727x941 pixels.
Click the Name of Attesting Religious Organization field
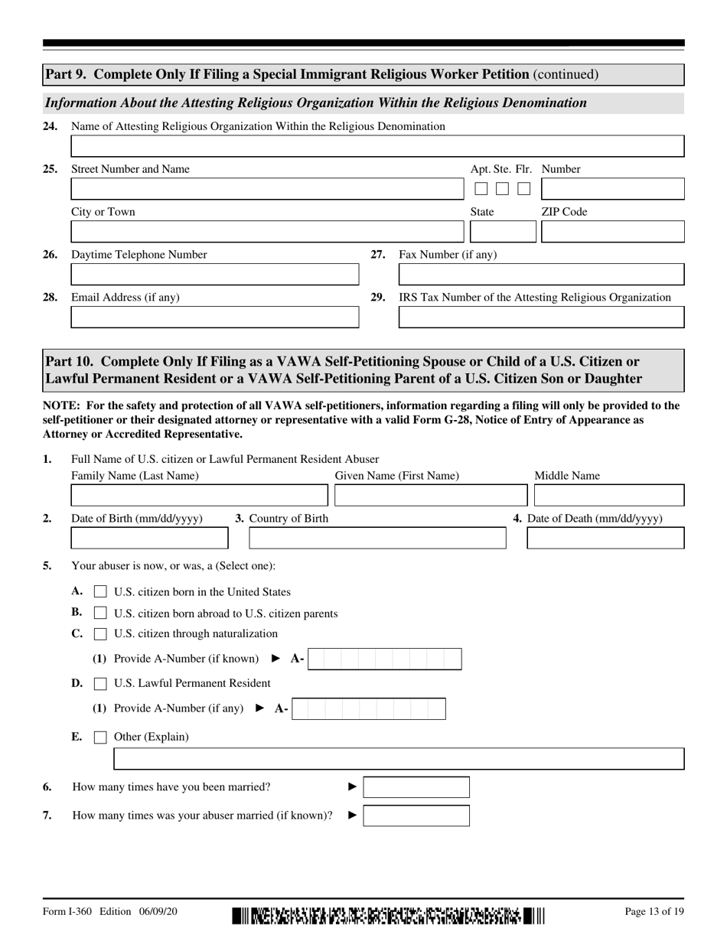click(377, 146)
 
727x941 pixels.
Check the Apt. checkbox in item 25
click(481, 188)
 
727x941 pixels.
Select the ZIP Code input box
click(612, 232)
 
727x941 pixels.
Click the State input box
click(503, 232)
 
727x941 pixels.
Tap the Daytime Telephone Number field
click(214, 275)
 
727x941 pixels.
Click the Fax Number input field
click(541, 275)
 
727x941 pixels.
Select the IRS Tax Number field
click(541, 317)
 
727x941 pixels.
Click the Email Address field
click(214, 317)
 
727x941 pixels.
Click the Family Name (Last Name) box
click(199, 496)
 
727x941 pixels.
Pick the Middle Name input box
click(608, 496)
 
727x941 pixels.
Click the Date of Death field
click(605, 539)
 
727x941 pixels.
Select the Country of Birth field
click(377, 539)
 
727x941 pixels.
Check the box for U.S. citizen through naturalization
click(100, 634)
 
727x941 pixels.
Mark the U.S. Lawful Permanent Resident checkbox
click(100, 683)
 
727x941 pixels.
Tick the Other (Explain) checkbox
click(100, 737)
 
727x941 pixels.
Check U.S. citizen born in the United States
click(100, 592)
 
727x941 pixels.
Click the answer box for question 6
click(416, 787)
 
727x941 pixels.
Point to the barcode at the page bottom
click(388, 915)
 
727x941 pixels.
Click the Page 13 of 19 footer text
click(654, 912)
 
